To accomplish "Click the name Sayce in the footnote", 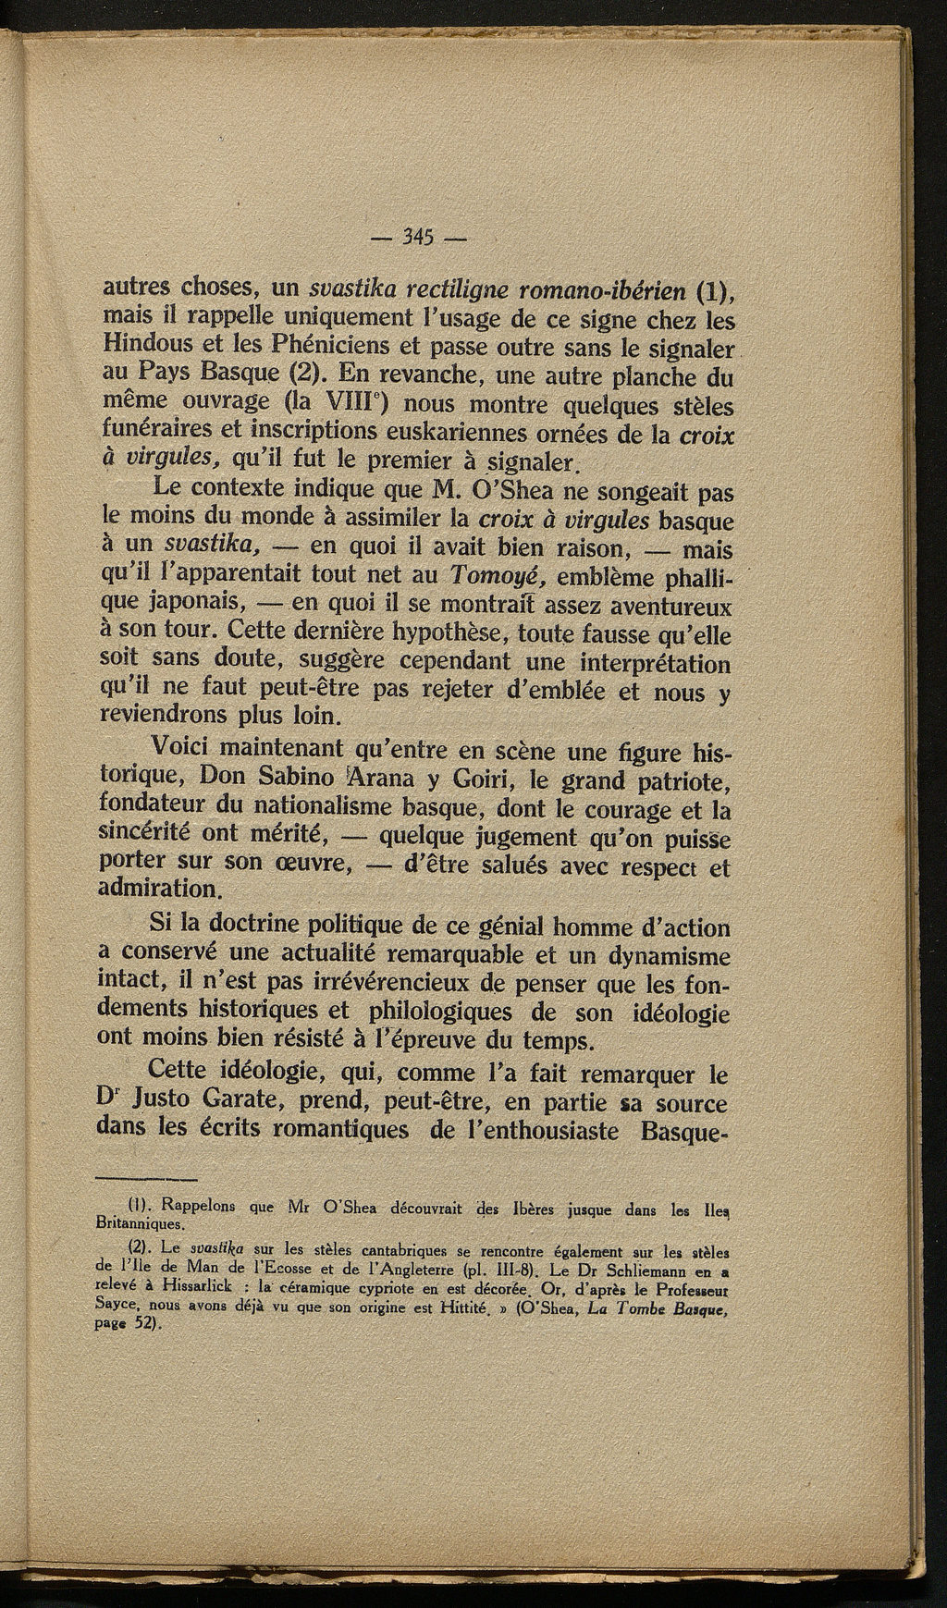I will point(118,1302).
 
